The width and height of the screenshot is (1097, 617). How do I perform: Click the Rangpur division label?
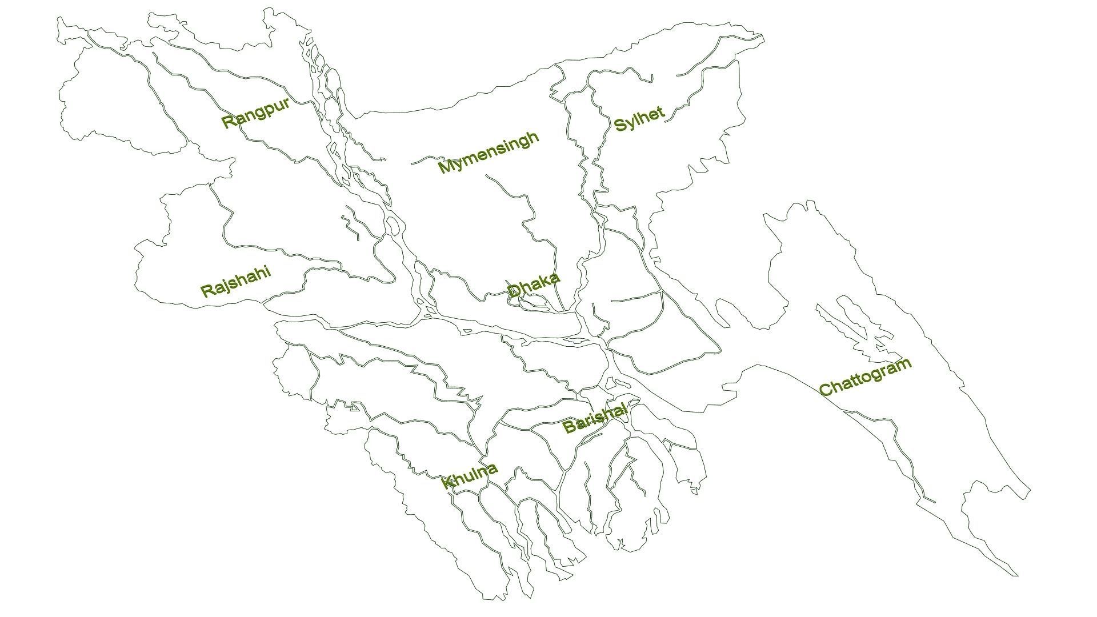click(255, 113)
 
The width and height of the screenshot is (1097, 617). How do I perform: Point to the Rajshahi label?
click(235, 282)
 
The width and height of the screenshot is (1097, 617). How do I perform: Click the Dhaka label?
click(533, 285)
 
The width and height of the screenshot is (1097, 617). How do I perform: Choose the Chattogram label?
click(864, 377)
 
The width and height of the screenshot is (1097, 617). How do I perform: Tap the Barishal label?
click(594, 418)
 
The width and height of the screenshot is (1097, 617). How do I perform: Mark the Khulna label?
click(470, 476)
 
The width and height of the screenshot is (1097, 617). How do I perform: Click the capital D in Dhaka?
click(514, 291)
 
